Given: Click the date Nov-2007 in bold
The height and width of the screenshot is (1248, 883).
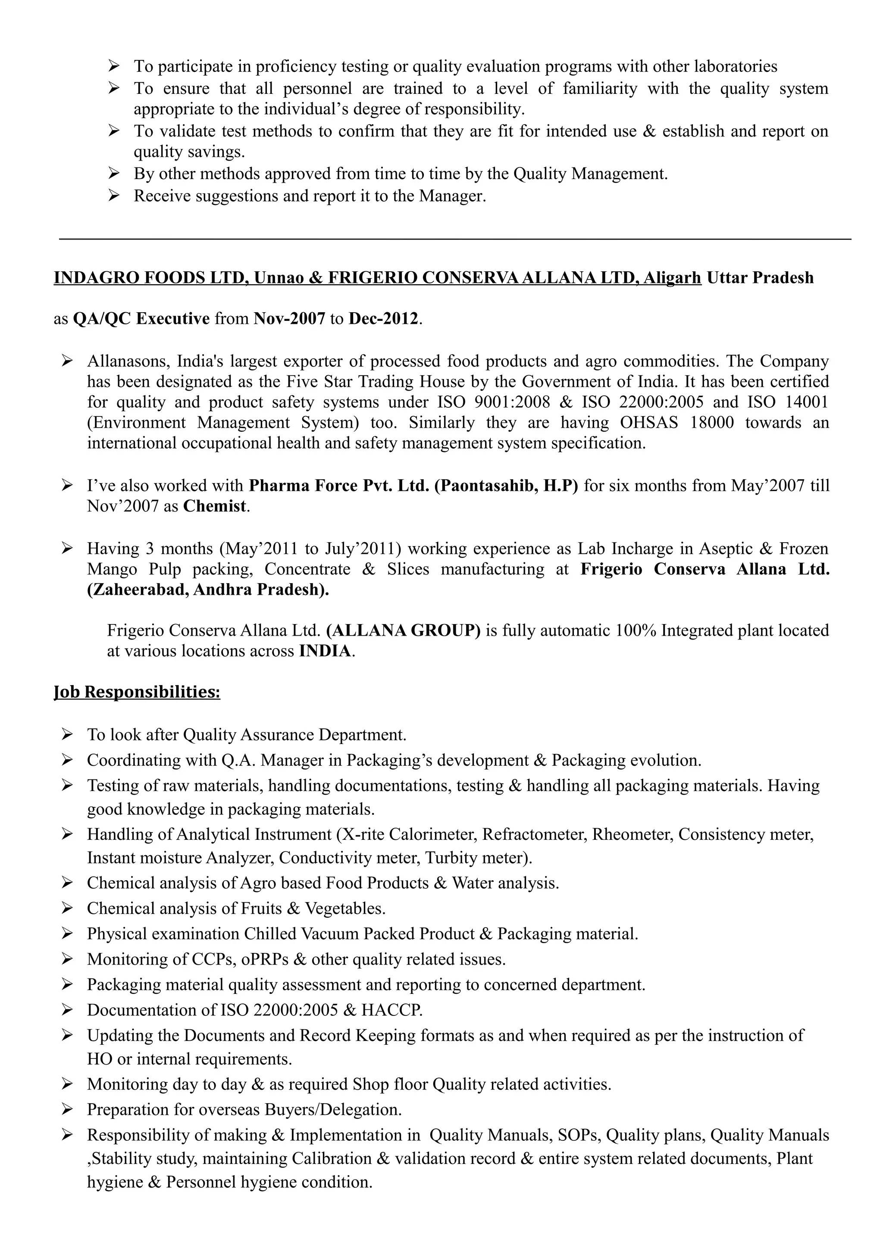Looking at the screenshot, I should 289,319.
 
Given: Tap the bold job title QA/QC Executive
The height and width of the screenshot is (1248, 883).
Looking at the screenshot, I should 141,319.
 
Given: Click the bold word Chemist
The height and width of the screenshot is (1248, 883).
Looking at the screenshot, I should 215,506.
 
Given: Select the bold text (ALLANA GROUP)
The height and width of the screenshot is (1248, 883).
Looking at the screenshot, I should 403,630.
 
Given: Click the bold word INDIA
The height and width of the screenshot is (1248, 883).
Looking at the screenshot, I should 325,651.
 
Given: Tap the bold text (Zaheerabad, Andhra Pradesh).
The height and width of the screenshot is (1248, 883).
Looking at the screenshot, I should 208,590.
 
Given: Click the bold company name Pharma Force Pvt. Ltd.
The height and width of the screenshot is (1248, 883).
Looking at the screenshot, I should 339,485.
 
